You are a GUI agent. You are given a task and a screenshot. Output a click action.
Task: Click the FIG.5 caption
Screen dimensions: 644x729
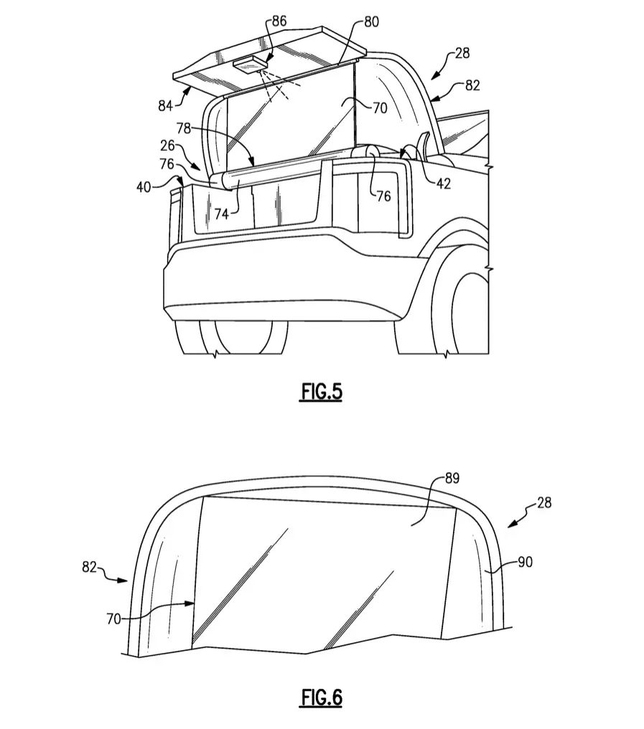pos(321,392)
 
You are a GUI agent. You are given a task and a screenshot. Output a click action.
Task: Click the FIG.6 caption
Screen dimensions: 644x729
pos(322,697)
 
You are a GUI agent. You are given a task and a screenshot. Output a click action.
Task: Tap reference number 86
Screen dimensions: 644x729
pos(279,21)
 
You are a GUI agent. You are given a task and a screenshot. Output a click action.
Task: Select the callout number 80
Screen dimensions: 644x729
pos(371,22)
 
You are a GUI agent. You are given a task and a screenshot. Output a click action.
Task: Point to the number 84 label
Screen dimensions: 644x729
pos(166,106)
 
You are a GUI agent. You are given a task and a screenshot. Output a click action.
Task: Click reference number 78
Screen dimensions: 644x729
pos(184,128)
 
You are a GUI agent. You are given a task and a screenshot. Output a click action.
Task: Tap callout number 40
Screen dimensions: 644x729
pos(144,187)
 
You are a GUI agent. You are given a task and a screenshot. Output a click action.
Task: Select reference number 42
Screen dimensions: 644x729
pos(444,184)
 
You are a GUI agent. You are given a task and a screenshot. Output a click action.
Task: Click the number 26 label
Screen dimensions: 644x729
pos(167,146)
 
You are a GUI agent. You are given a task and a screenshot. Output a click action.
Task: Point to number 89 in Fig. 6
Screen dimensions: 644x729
pos(452,479)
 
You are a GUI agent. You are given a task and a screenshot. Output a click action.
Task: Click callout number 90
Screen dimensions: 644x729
pos(525,562)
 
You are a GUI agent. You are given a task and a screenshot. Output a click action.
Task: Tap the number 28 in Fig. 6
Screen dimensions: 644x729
pos(544,502)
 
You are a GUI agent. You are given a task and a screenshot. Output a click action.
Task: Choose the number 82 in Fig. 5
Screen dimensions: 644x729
pos(472,85)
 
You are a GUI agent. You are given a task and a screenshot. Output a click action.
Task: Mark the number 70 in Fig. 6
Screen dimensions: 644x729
pos(114,619)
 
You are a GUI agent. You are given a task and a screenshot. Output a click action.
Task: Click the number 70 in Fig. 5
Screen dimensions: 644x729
pos(381,108)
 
